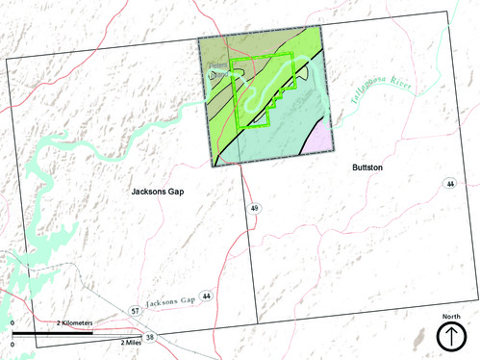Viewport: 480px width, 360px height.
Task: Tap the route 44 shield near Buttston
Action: (449, 183)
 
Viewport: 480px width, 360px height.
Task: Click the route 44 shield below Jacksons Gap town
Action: (206, 296)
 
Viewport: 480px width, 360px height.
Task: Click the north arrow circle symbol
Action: (451, 337)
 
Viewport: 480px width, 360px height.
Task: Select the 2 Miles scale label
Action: (133, 342)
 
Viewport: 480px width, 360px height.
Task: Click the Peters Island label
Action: (219, 69)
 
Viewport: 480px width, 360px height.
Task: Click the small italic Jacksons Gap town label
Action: (169, 302)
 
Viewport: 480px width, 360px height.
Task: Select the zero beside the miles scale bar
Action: (13, 342)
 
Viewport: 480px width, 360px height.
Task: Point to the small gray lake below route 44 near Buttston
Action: (419, 338)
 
